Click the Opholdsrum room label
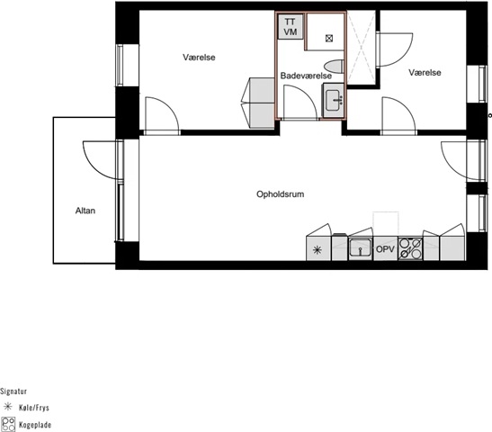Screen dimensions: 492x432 [x=281, y=194]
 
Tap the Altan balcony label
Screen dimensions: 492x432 [x=85, y=211]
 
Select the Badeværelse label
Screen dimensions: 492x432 [x=306, y=76]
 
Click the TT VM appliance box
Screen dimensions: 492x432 [x=291, y=27]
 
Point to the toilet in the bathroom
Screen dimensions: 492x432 [x=334, y=67]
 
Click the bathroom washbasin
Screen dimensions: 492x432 [x=333, y=100]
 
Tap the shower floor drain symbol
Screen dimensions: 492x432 [x=329, y=39]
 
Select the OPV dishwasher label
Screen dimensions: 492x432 [x=385, y=249]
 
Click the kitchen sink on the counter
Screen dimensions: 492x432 [x=360, y=248]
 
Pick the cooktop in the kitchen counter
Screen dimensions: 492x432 [x=410, y=248]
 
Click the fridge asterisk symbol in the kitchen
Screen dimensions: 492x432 [x=318, y=250]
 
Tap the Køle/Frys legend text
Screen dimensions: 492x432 [x=34, y=408]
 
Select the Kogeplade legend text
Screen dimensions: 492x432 [x=35, y=425]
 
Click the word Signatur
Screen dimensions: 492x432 [x=13, y=391]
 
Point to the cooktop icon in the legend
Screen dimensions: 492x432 [x=8, y=424]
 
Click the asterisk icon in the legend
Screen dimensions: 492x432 [x=7, y=407]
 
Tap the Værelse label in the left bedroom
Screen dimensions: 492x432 [x=199, y=58]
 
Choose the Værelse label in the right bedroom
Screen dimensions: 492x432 [x=425, y=73]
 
